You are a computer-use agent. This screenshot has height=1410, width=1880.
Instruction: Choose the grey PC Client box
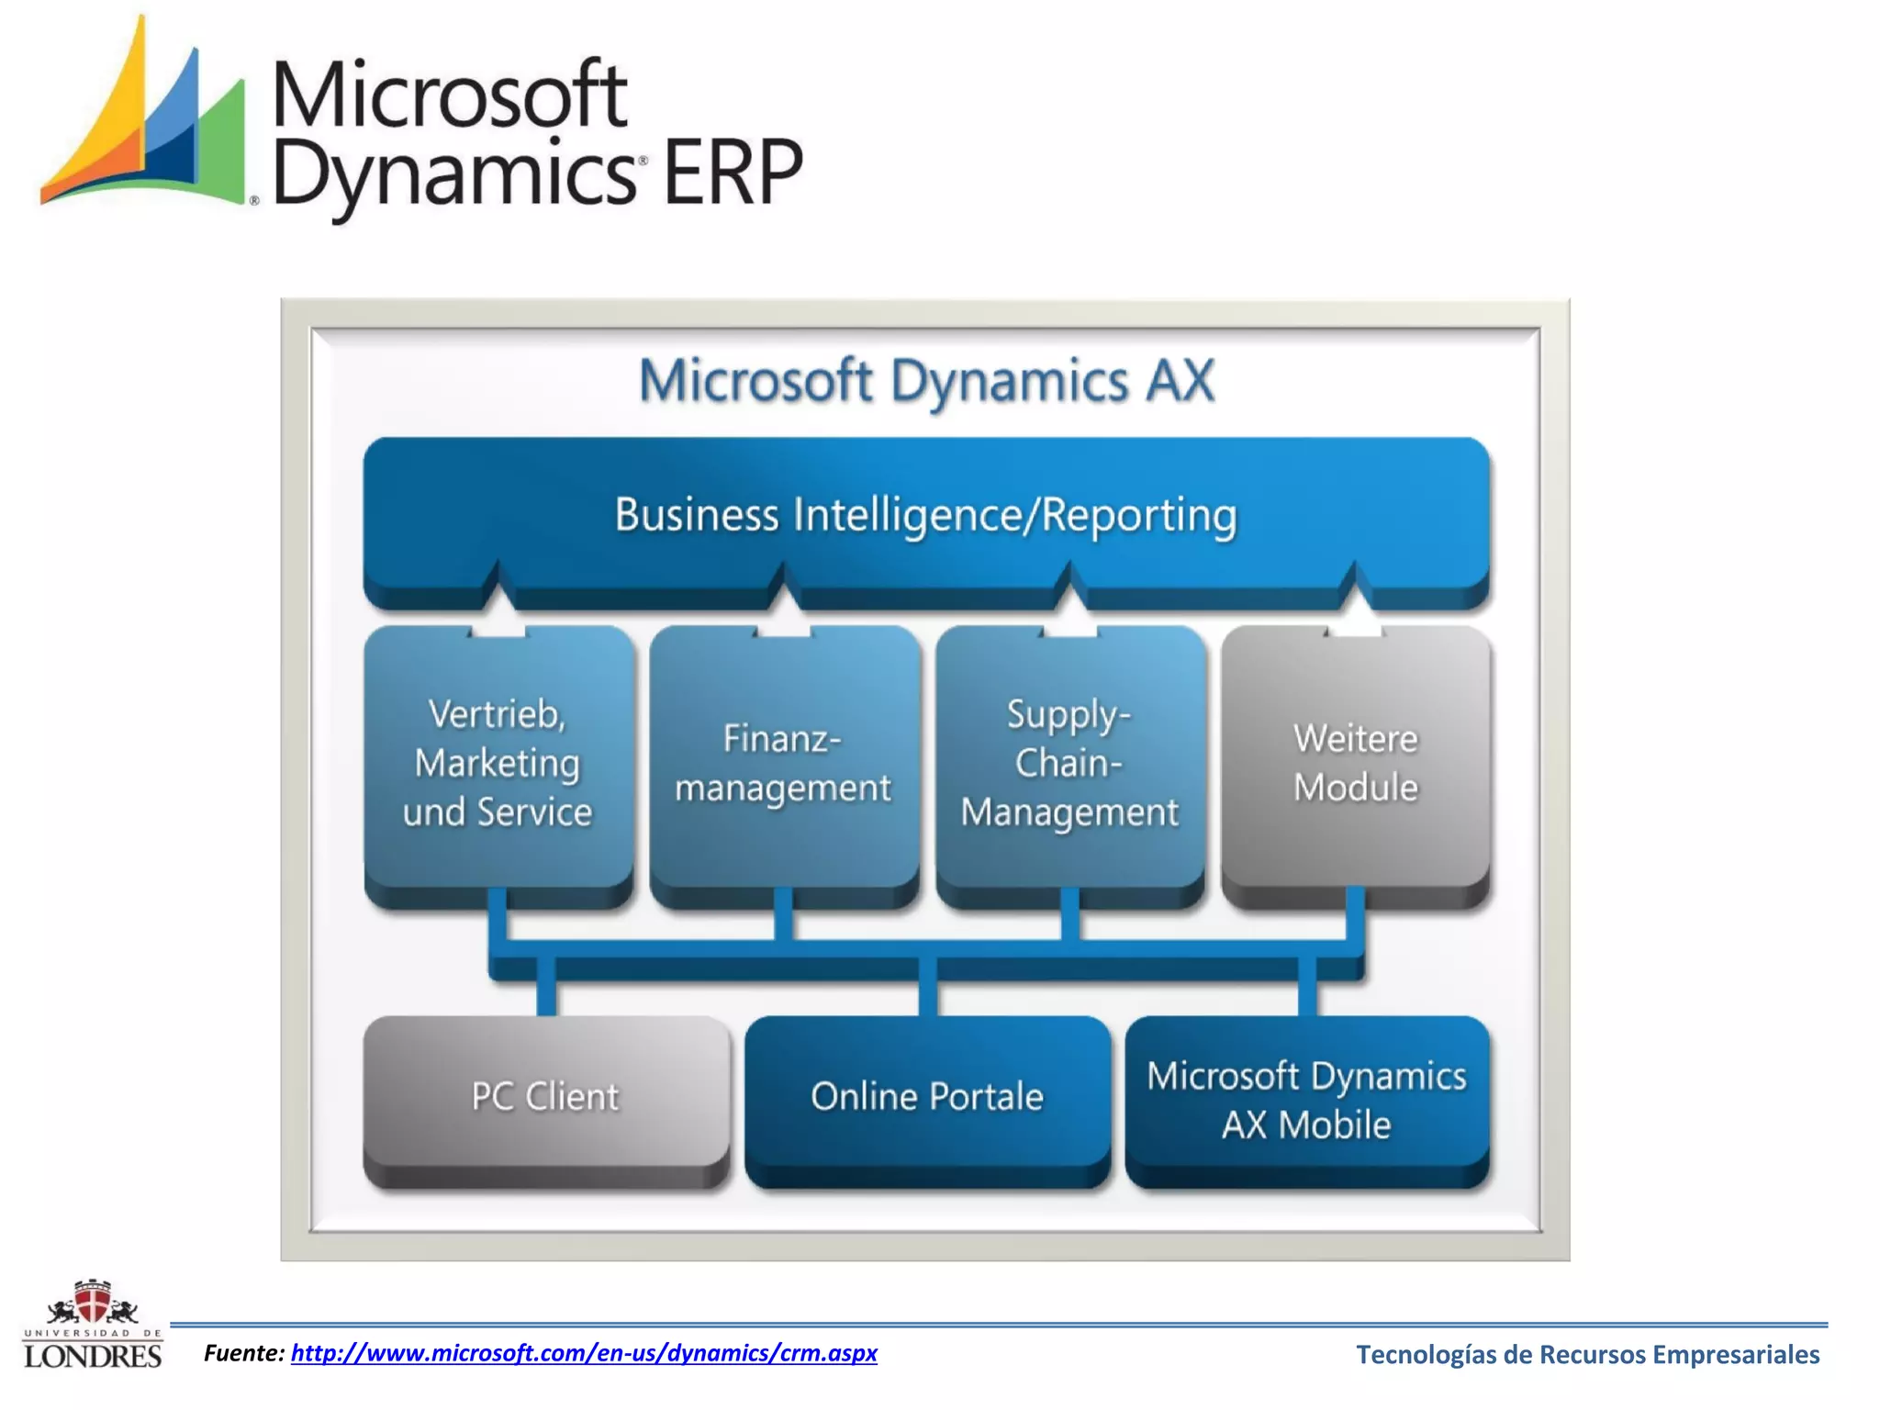pos(545,1096)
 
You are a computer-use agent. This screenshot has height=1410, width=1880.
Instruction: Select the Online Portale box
pos(927,1096)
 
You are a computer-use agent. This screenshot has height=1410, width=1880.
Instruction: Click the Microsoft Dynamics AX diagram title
pos(926,381)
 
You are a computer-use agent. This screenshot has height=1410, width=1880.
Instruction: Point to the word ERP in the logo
pos(733,173)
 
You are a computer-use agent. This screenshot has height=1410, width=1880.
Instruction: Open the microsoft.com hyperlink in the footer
pos(584,1353)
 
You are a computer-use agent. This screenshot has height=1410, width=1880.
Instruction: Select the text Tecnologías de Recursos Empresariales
pos(1587,1355)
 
